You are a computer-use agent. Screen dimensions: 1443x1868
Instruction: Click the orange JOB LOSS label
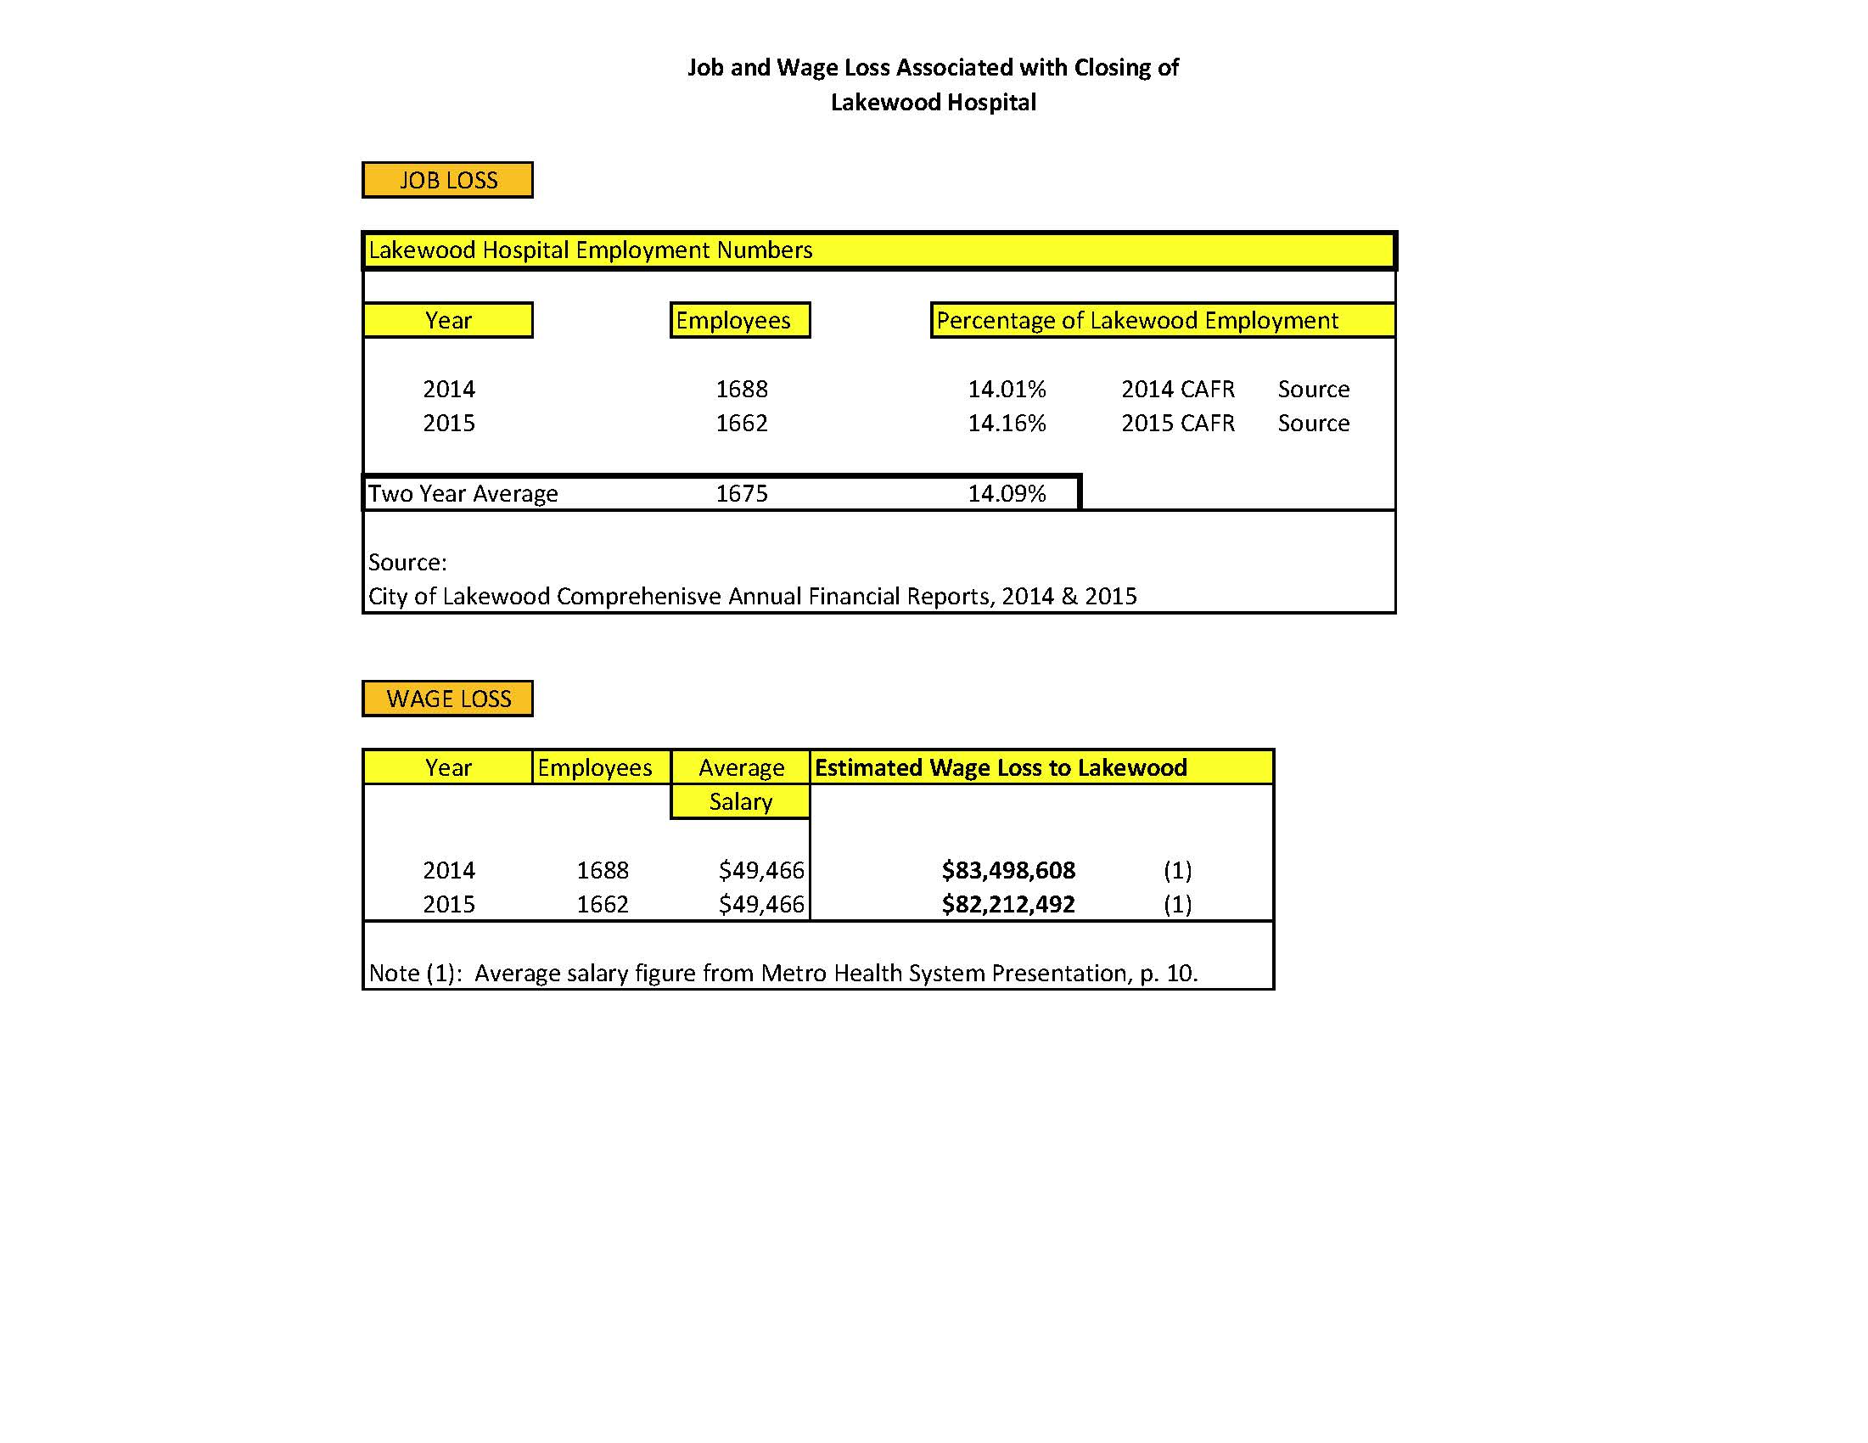click(447, 181)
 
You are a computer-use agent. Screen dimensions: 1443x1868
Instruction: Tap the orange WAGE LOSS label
click(447, 699)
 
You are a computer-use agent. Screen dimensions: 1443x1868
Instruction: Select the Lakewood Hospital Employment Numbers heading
click(590, 250)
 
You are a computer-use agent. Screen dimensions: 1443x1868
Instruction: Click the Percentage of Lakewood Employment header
click(1136, 321)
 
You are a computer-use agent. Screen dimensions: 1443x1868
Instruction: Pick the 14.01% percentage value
click(1007, 390)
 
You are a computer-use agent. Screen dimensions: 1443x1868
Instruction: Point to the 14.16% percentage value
click(1007, 424)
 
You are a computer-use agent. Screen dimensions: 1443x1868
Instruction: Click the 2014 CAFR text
click(1178, 390)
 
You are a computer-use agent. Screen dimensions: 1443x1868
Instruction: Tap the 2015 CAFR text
click(1178, 424)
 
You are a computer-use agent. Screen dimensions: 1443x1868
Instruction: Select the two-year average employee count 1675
click(742, 493)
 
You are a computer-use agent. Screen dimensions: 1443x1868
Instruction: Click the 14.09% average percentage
click(1007, 493)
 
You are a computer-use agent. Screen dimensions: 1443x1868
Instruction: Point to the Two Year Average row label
click(463, 493)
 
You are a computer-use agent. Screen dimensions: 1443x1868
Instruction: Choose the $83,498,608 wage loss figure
click(1008, 871)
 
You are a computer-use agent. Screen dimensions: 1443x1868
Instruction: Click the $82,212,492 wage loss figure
click(1008, 905)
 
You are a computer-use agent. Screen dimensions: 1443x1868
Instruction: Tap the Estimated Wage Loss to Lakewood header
click(1001, 767)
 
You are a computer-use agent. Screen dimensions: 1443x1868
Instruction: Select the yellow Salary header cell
click(741, 801)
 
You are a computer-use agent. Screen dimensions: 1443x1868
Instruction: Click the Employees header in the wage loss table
click(594, 767)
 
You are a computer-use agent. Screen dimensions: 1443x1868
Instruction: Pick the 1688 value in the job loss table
click(742, 390)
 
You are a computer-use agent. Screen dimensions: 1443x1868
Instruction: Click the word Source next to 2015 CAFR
click(1314, 424)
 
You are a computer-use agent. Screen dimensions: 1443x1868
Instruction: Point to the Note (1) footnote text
click(783, 974)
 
